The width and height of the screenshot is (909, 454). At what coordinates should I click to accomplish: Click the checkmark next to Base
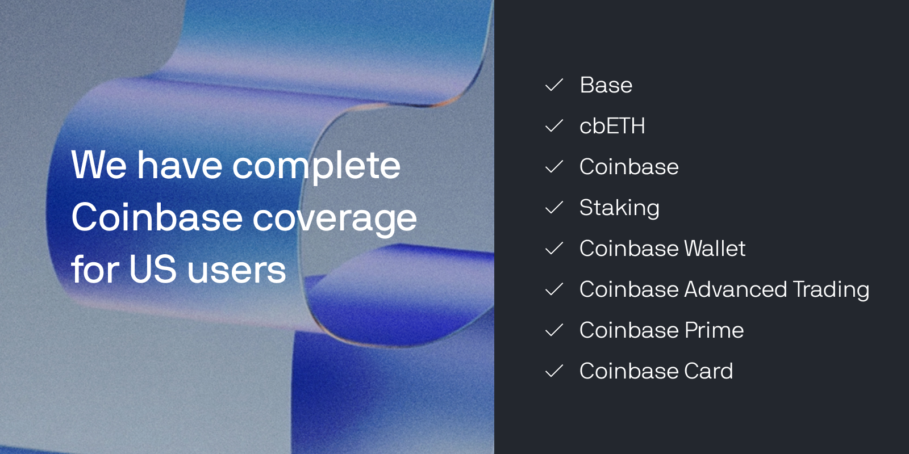(x=554, y=85)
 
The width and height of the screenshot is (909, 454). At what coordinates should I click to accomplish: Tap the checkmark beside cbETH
(x=554, y=125)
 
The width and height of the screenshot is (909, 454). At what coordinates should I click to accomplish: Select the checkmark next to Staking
(x=554, y=207)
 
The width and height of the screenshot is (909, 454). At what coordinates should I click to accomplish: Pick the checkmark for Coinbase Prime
(x=554, y=330)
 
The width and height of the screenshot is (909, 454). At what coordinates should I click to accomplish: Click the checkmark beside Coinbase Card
(x=554, y=371)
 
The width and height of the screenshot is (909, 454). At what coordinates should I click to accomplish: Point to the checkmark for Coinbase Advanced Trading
(x=554, y=289)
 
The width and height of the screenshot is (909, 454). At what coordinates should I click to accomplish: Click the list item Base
(x=606, y=85)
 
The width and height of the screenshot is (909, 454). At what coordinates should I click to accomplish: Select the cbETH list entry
(x=612, y=125)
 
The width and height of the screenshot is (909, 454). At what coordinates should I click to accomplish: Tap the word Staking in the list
(x=619, y=208)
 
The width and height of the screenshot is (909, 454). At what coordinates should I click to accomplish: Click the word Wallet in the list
(x=715, y=248)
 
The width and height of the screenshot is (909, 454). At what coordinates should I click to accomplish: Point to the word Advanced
(x=735, y=289)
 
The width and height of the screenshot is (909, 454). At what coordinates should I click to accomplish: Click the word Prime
(x=714, y=330)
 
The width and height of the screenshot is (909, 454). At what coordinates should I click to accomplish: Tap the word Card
(x=708, y=371)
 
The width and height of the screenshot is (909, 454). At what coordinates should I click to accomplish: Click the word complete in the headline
(x=316, y=167)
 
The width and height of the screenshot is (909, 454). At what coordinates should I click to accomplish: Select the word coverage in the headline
(x=335, y=219)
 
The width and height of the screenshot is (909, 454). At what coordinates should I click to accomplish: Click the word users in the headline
(x=236, y=271)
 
